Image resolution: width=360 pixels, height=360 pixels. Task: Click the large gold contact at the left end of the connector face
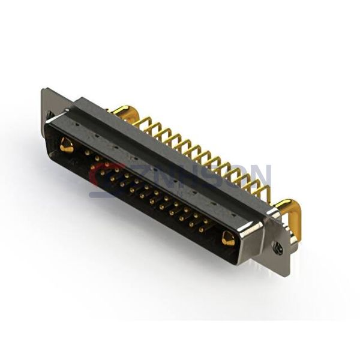coord(67,145)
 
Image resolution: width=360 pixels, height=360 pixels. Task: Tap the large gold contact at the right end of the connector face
coord(228,239)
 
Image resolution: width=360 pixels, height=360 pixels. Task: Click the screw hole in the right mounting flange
coord(277,247)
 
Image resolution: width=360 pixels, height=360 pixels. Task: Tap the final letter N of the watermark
coord(262,176)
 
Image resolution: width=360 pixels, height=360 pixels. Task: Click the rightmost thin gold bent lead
coord(265,192)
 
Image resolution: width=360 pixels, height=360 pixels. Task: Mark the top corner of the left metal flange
coord(43,90)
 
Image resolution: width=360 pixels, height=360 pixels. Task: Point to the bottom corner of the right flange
coord(289,275)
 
